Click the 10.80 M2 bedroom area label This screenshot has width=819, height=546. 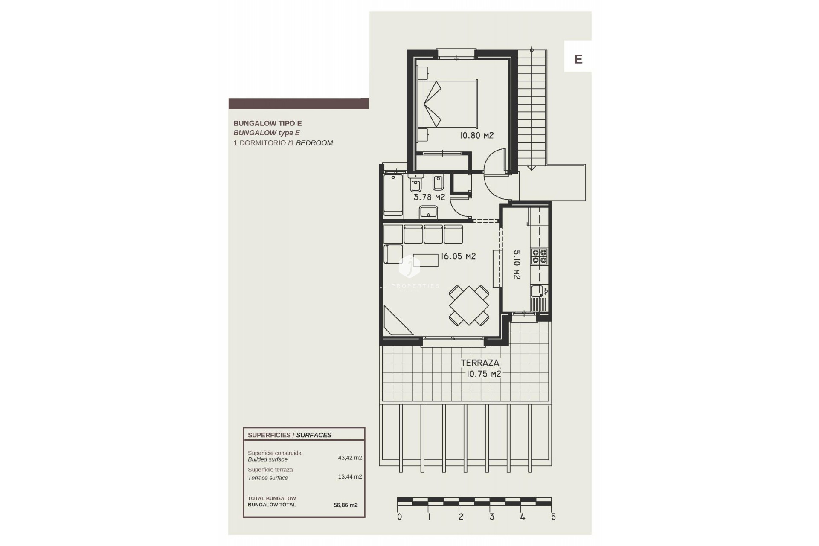click(476, 136)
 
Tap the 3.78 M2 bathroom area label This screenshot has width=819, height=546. click(429, 197)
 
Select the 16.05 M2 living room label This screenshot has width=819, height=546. click(458, 256)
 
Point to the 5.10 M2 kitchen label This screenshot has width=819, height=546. click(516, 264)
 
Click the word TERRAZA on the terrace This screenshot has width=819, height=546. click(479, 363)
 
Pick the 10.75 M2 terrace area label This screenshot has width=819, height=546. click(483, 374)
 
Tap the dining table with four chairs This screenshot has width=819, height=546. click(469, 306)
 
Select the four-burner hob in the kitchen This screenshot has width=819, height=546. click(539, 256)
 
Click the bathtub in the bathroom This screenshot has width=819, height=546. click(393, 195)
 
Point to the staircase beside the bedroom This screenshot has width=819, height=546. click(532, 109)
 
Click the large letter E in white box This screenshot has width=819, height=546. click(578, 59)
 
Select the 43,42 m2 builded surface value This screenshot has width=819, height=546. click(350, 458)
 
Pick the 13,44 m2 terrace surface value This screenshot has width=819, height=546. click(350, 476)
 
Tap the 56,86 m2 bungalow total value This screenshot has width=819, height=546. click(346, 505)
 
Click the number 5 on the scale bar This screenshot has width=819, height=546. click(553, 517)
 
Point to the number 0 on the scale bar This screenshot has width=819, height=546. click(399, 517)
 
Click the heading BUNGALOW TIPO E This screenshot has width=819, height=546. click(267, 123)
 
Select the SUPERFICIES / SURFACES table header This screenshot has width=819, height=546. click(290, 435)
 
